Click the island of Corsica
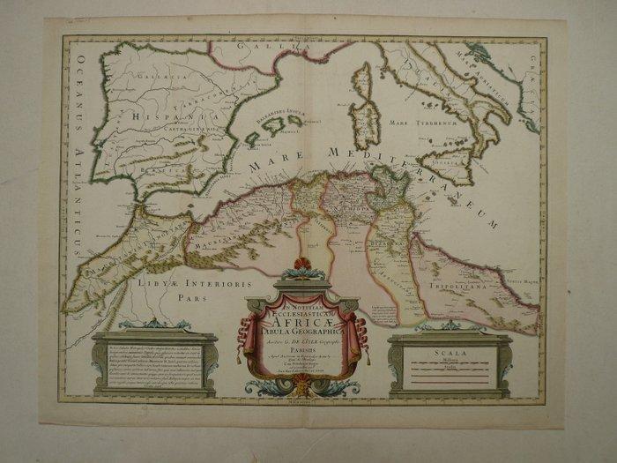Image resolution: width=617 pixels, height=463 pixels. coord(362,78)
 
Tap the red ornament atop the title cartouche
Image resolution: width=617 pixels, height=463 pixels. coord(303,264)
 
